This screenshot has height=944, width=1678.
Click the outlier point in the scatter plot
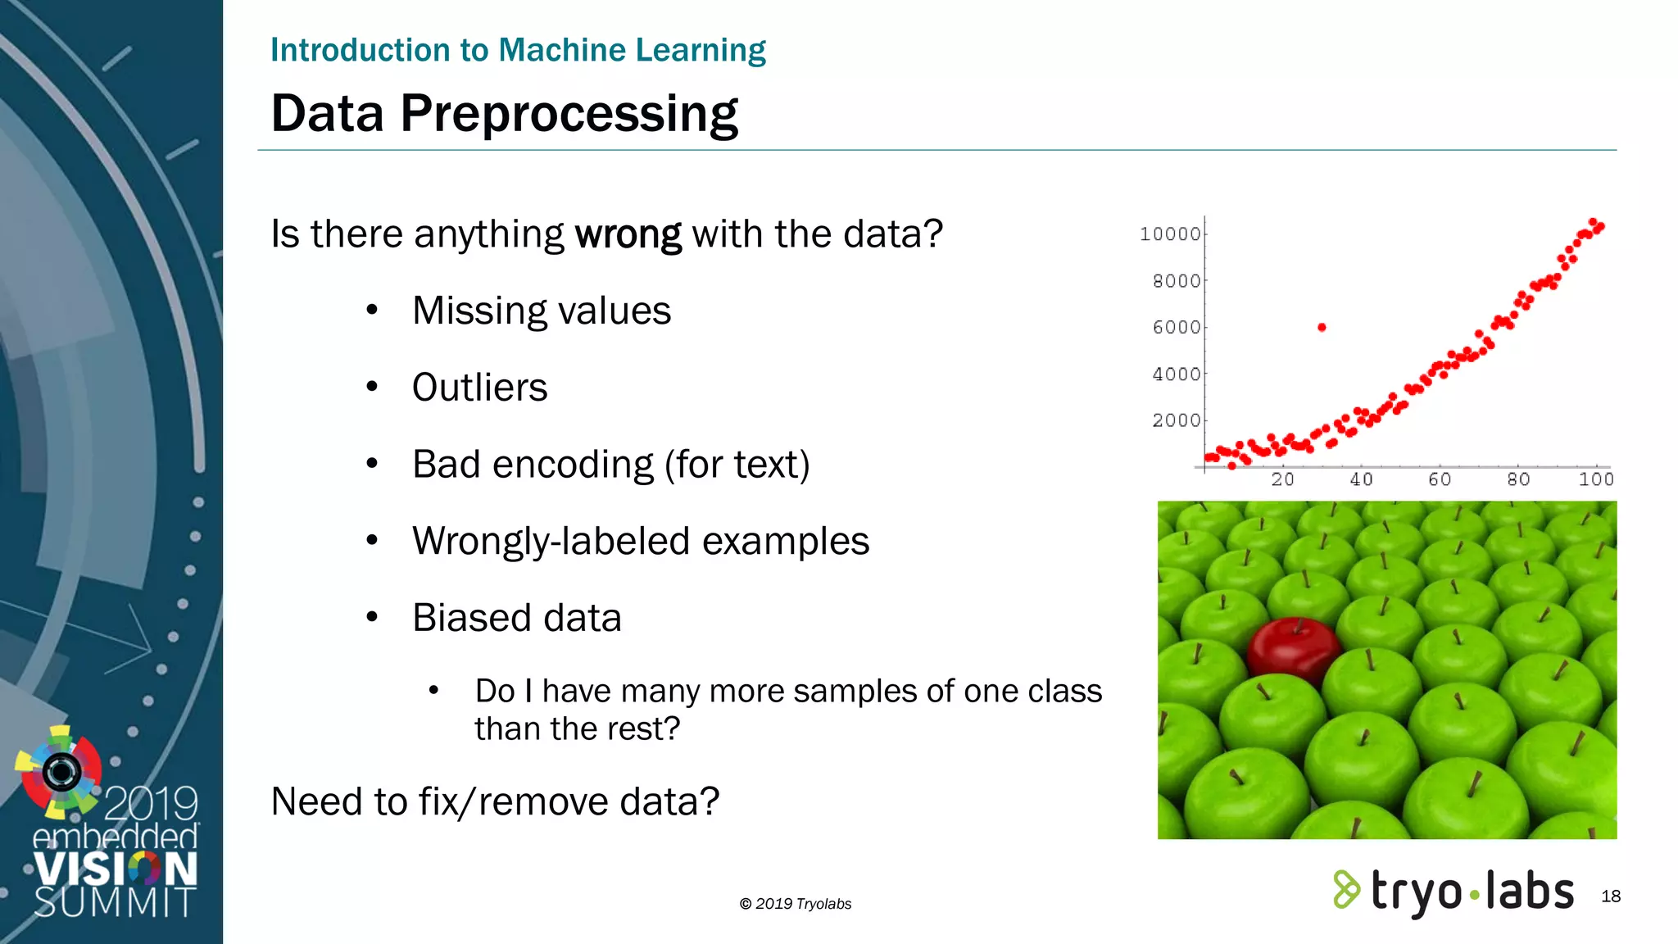[1322, 327]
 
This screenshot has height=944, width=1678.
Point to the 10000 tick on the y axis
[1169, 234]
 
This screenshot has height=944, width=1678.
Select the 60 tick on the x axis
[1440, 479]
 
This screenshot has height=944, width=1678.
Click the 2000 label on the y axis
[1176, 420]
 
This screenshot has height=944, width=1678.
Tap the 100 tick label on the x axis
[1596, 479]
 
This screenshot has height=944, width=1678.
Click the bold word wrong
[628, 234]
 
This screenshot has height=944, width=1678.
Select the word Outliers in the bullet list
[479, 387]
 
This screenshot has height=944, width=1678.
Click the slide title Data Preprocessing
[504, 113]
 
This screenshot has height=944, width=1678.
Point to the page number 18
[1611, 896]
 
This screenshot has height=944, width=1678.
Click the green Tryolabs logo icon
[1345, 890]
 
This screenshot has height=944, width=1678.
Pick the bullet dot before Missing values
[372, 311]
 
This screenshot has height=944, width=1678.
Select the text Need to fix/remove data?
[495, 801]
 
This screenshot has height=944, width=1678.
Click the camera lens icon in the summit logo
[61, 771]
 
